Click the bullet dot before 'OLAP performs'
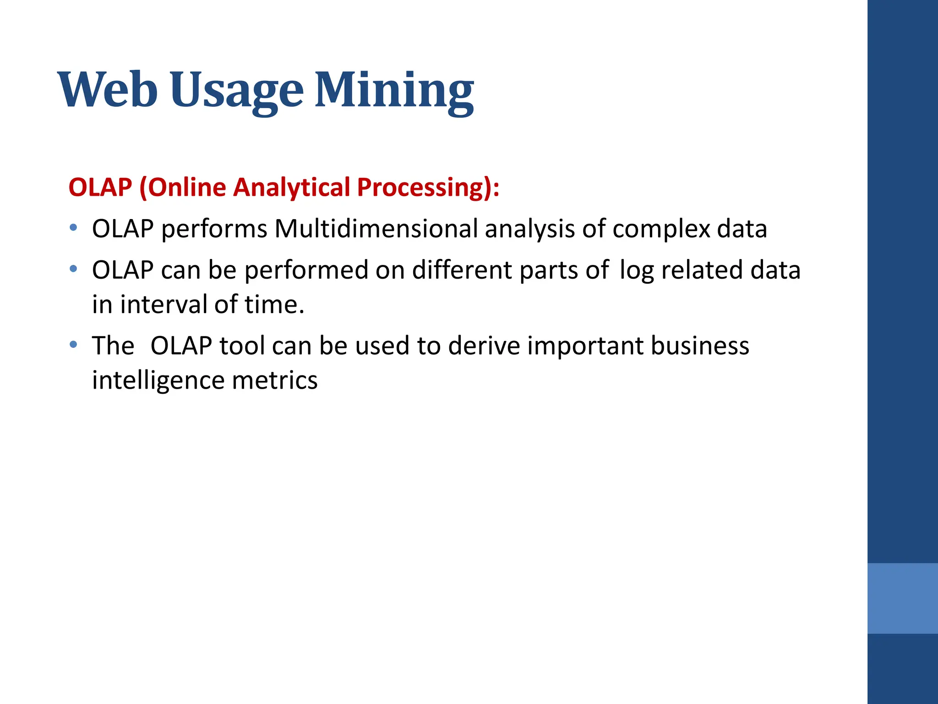point(73,227)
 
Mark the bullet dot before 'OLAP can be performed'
point(73,269)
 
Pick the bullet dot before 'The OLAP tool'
point(73,344)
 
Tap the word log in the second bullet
point(636,270)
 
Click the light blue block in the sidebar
point(902,598)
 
